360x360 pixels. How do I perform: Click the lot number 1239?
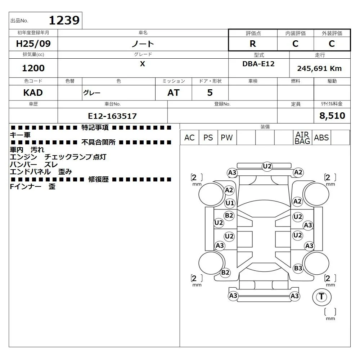64,20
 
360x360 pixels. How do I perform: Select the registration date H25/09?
33,44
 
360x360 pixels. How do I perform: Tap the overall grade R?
253,44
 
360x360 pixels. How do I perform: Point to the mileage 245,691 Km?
319,68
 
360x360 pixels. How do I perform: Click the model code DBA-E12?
258,64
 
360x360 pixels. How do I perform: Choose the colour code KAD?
33,93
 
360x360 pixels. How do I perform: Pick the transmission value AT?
174,93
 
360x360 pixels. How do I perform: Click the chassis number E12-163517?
112,116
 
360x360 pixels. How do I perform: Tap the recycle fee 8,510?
332,116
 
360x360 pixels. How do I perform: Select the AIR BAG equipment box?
302,138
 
